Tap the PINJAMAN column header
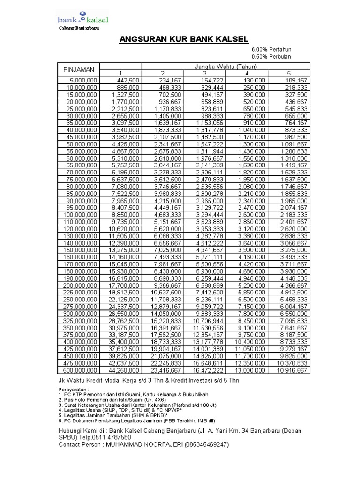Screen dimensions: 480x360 tap(79, 69)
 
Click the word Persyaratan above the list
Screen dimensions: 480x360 tap(73, 389)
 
